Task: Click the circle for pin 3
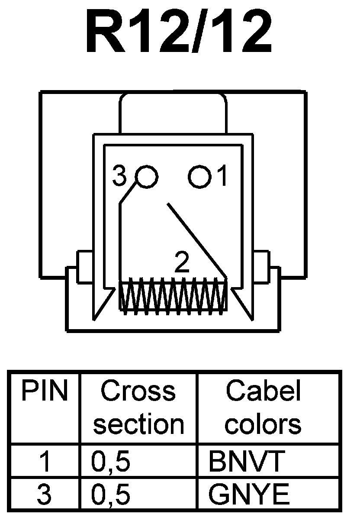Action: pos(147,177)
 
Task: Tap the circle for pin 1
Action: pos(199,177)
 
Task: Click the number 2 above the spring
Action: pos(182,262)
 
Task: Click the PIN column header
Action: pos(45,391)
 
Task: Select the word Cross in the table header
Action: pos(138,391)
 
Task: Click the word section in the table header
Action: pos(138,424)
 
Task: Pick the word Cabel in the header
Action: pos(263,391)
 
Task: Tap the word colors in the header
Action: pos(263,424)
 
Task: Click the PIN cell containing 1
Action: pos(45,462)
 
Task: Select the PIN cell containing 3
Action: pos(45,494)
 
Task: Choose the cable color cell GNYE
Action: pos(249,494)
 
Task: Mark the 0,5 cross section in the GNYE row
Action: pos(110,495)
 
